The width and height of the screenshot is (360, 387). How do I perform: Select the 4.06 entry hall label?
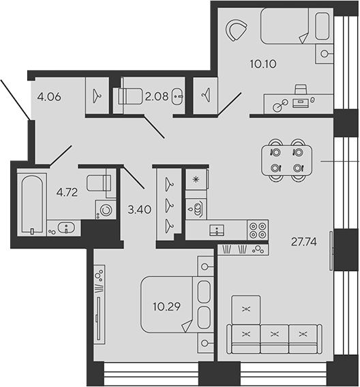(x=50, y=97)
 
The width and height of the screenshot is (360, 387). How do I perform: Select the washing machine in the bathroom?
(x=106, y=209)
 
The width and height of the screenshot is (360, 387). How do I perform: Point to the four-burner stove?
(x=258, y=230)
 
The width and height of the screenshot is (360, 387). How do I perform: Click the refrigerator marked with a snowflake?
(x=196, y=180)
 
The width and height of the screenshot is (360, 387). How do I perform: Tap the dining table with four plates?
(x=286, y=160)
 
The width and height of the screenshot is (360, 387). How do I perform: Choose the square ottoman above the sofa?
(x=245, y=310)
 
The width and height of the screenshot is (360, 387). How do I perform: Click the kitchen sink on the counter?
(x=216, y=230)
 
